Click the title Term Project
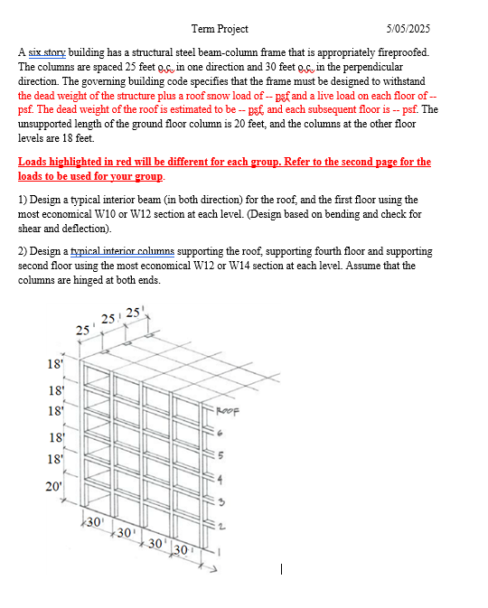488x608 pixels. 220,29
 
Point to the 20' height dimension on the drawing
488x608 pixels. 53,488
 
